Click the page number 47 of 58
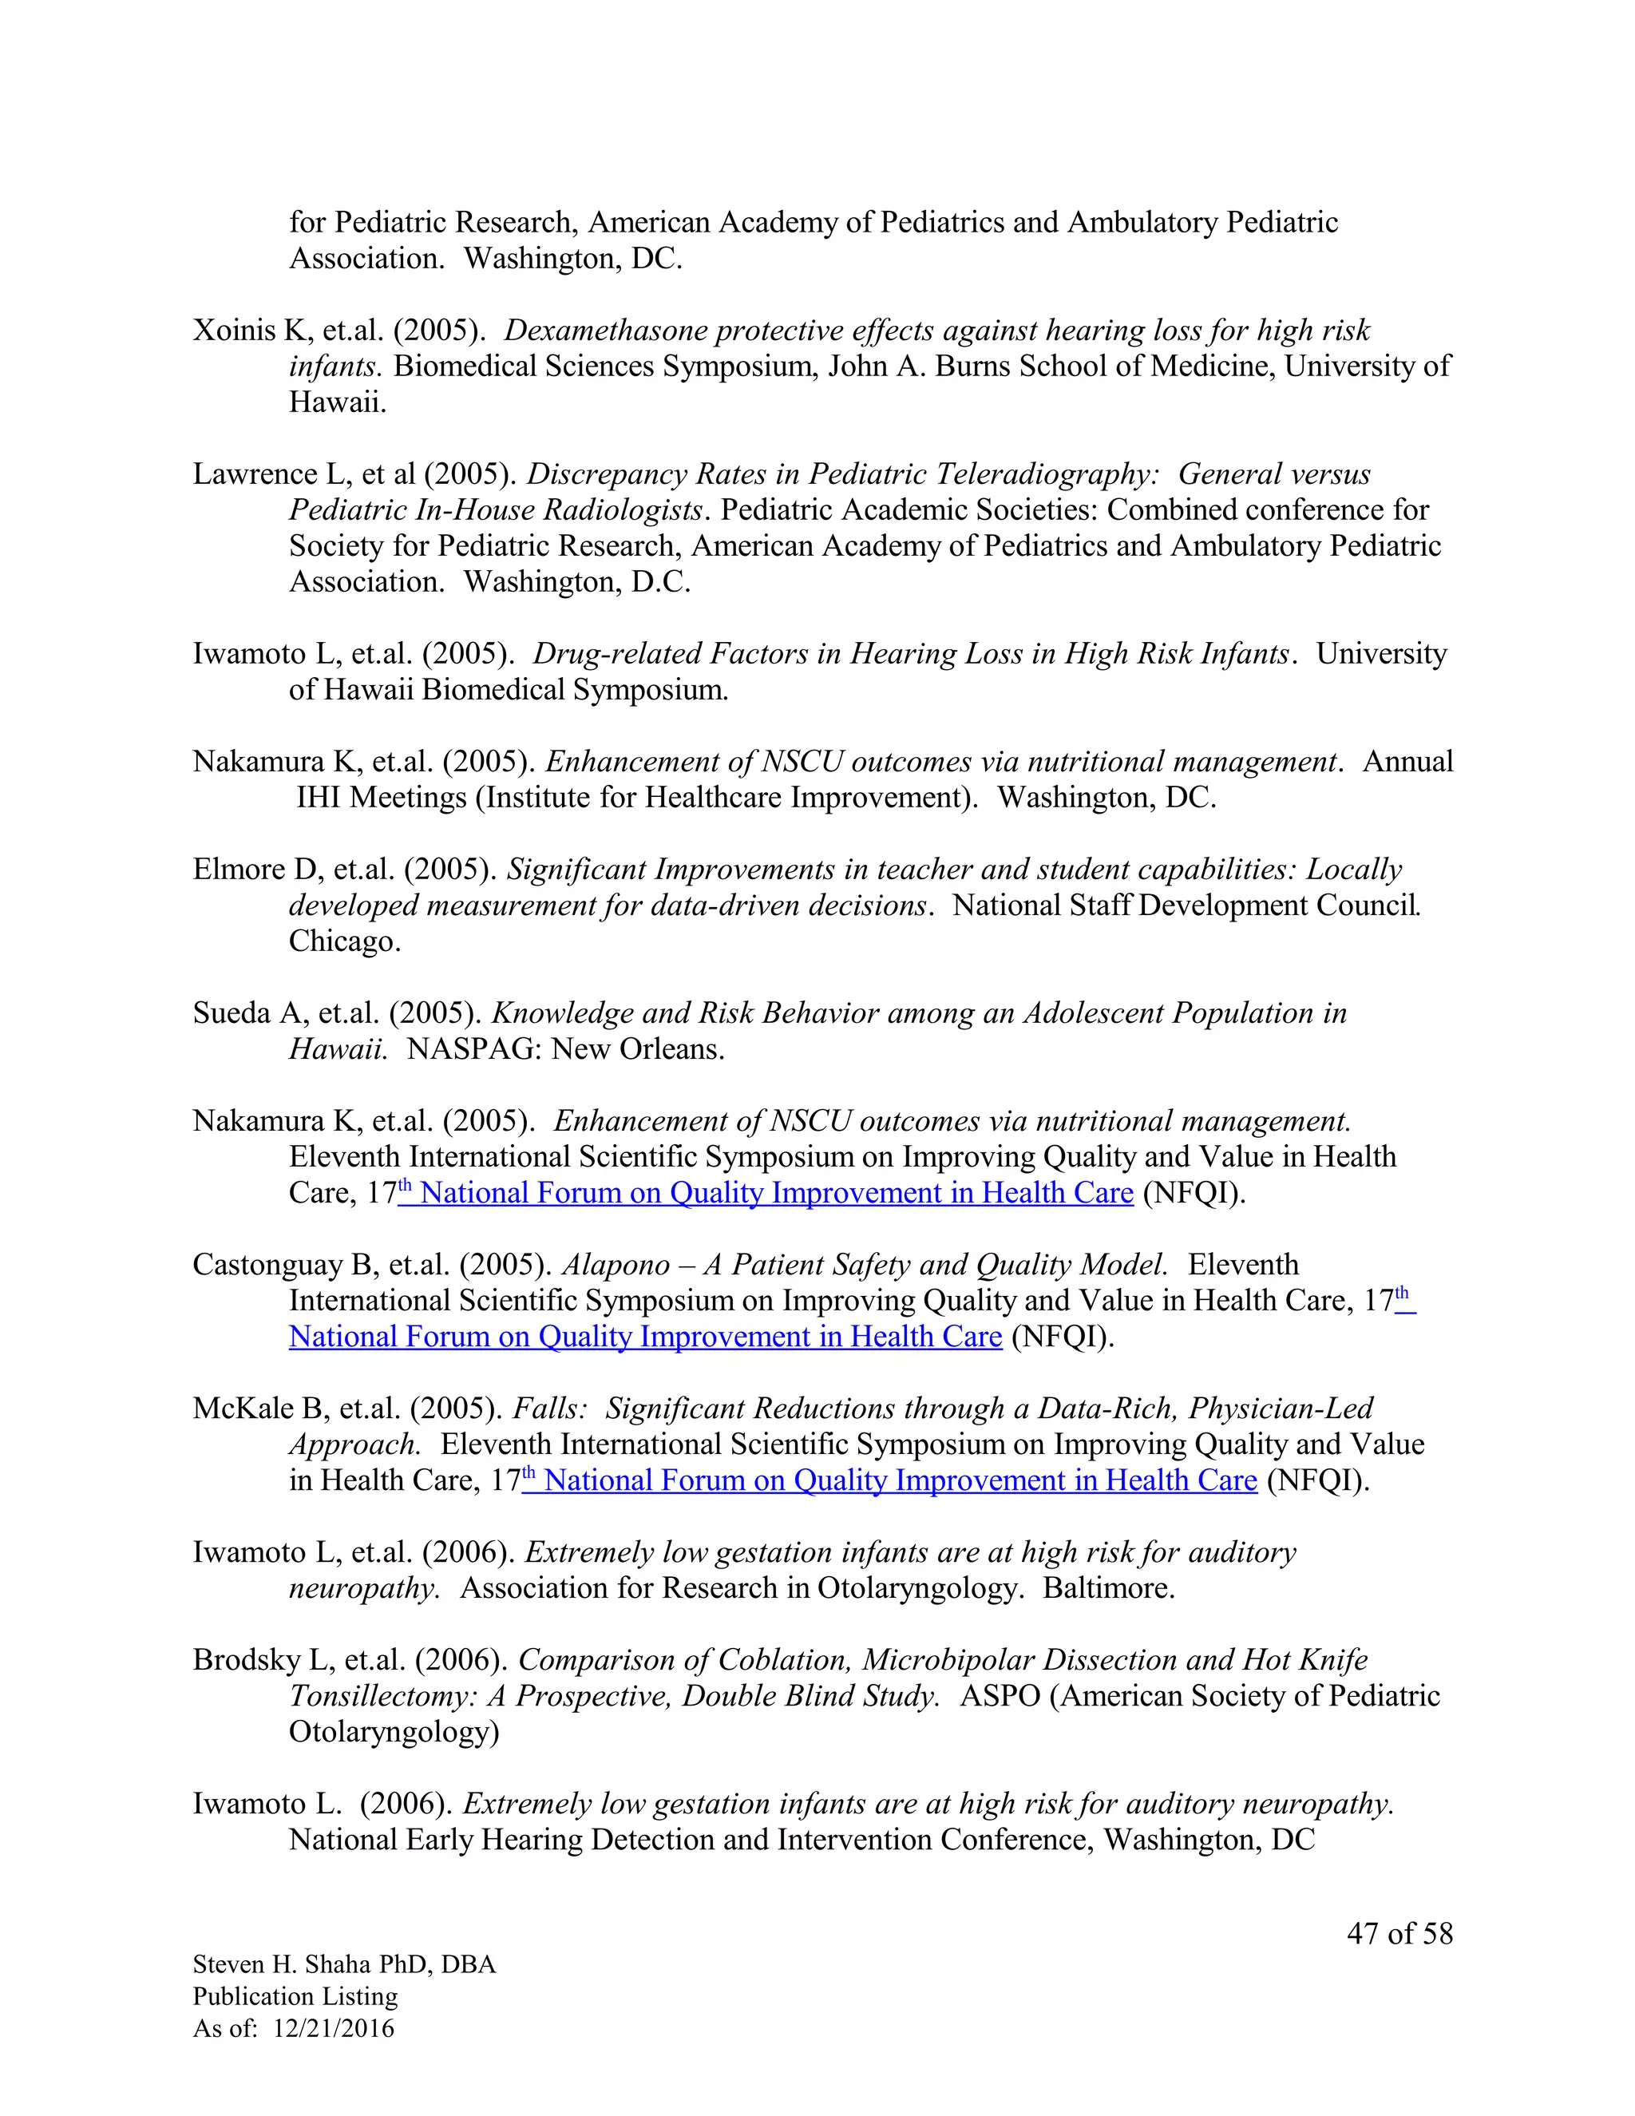(x=1399, y=1934)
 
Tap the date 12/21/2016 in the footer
(x=335, y=2029)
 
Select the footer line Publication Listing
(x=295, y=1997)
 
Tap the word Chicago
(x=344, y=941)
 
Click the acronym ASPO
(x=999, y=1697)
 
